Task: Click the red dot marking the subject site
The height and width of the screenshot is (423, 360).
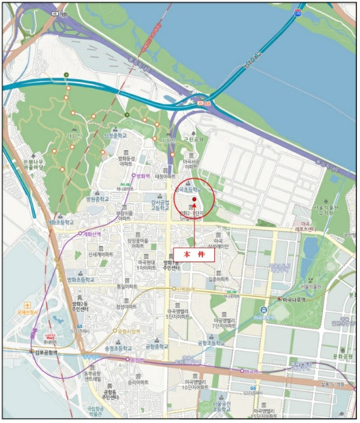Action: coord(194,199)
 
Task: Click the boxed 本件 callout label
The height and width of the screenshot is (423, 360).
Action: coord(194,255)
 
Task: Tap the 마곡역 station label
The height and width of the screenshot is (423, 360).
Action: coord(249,370)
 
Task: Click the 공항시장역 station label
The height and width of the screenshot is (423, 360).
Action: coord(129,331)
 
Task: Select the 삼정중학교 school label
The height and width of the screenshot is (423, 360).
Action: coord(115,136)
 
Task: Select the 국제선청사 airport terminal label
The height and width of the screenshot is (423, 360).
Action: coord(27,312)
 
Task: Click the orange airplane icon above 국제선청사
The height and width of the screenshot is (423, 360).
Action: coord(27,304)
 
